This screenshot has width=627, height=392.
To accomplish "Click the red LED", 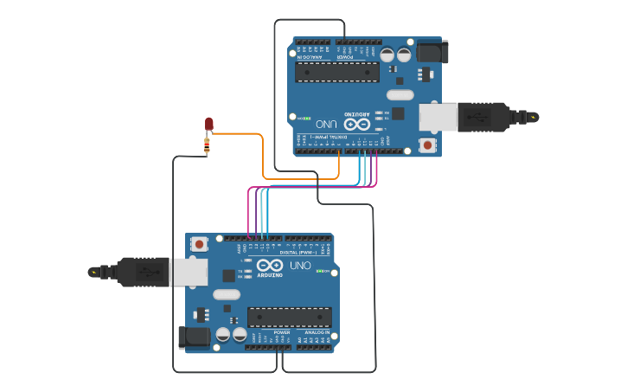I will [208, 125].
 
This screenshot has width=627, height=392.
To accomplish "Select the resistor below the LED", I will [207, 146].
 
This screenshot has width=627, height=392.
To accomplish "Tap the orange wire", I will [263, 156].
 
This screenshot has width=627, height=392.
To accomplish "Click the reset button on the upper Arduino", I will [427, 145].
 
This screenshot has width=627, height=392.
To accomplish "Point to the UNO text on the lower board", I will [300, 266].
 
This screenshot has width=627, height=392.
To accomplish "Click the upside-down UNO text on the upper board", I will [326, 124].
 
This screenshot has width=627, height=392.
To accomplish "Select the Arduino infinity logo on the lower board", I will [269, 265].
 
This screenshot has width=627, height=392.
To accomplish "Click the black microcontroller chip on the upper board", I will [337, 72].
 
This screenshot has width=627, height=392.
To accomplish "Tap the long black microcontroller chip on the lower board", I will [289, 317].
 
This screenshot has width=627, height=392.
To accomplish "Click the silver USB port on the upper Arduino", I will [438, 117].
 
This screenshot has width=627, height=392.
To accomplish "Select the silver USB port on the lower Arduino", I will [188, 272].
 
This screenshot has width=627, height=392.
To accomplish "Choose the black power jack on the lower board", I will [194, 337].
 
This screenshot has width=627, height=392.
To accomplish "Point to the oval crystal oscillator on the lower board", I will [227, 294].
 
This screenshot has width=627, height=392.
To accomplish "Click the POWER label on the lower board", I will [282, 332].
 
